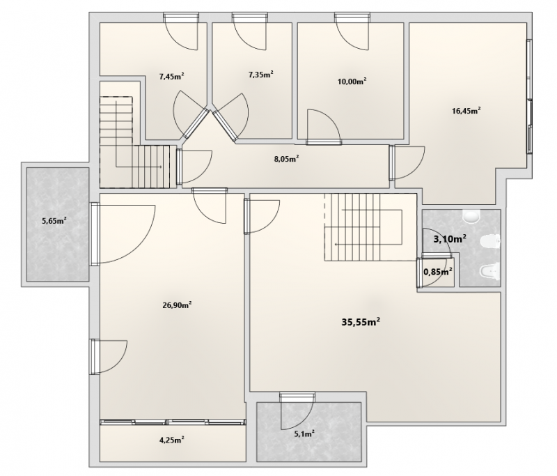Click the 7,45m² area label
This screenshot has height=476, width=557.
point(171,76)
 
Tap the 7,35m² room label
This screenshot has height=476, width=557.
point(260,75)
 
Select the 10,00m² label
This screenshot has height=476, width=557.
point(352,82)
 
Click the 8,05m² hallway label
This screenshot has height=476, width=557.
point(286,158)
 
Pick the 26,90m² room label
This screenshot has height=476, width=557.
point(178,305)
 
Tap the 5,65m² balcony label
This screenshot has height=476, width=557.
point(54,221)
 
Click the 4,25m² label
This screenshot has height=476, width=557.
point(171,440)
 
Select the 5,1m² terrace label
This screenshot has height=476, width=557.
point(304,433)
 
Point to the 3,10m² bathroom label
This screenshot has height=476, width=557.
point(450,238)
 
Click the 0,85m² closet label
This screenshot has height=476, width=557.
point(438,272)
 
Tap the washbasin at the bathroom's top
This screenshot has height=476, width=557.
point(471,216)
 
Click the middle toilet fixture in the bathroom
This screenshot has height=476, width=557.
point(490,242)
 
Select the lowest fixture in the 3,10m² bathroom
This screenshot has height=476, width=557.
point(490,271)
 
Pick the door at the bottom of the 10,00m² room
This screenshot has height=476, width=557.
point(324,127)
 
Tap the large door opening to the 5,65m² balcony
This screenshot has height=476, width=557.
point(123,233)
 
